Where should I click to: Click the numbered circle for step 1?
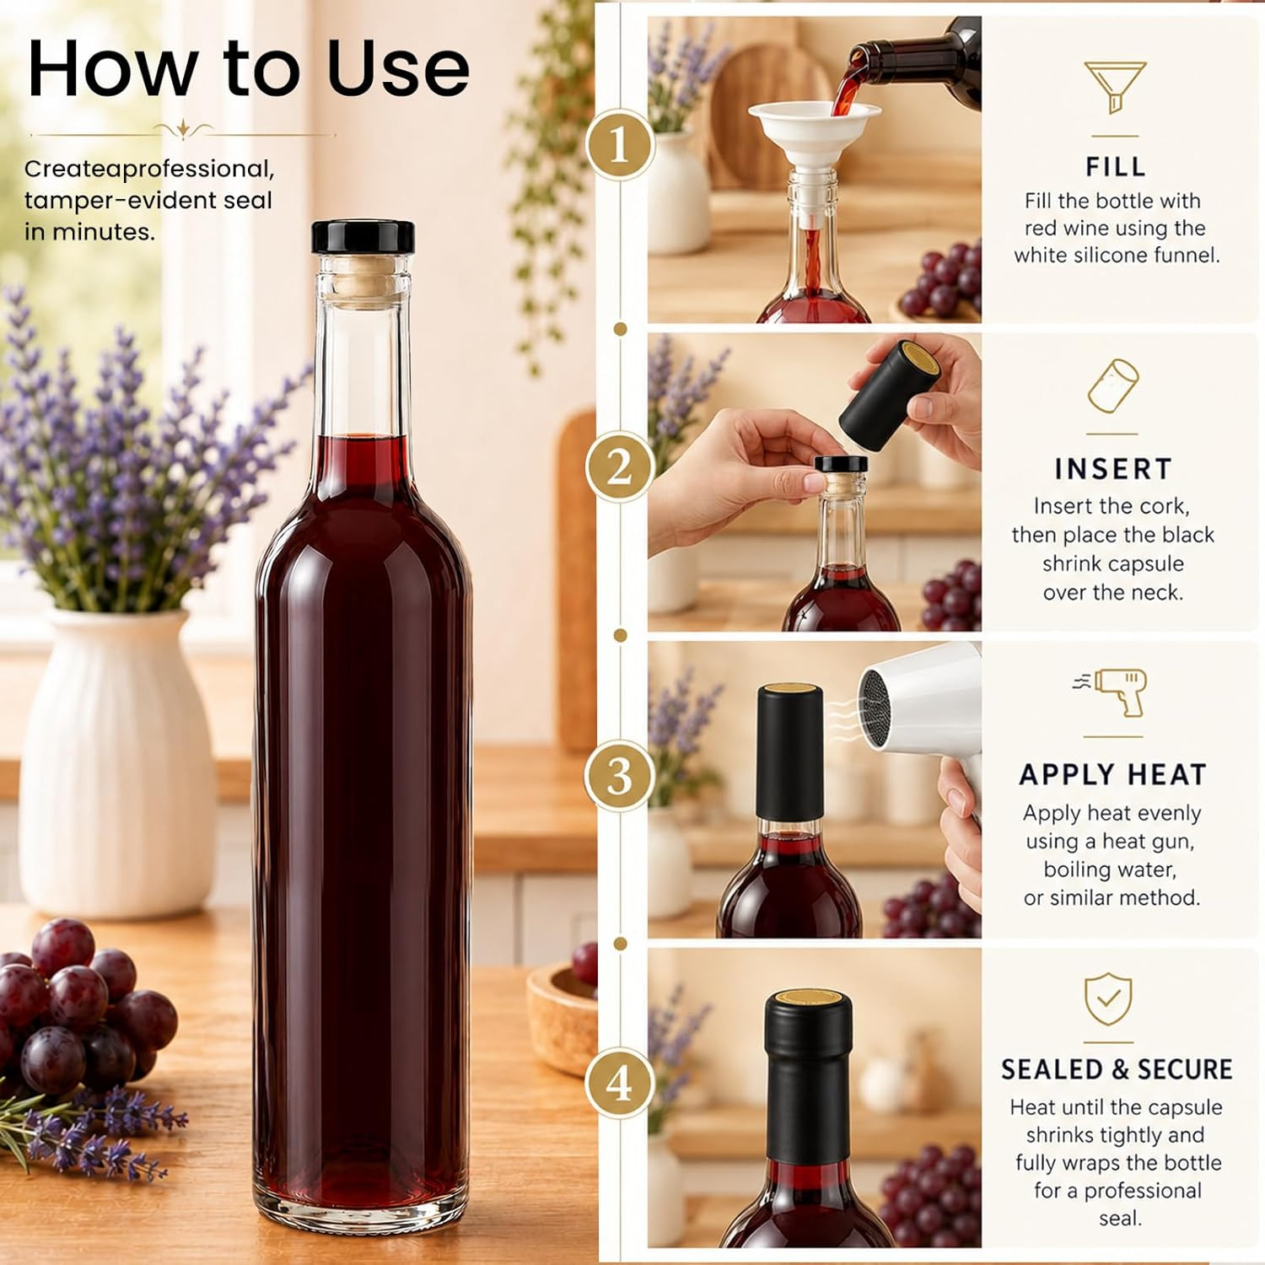coord(620,144)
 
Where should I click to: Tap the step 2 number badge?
coord(620,466)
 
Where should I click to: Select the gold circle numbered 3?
coord(620,775)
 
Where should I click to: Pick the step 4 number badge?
coord(620,1083)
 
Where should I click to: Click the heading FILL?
coord(1115,167)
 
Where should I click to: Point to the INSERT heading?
coord(1113,469)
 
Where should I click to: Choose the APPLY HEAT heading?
coord(1112,774)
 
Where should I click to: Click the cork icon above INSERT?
coord(1113,386)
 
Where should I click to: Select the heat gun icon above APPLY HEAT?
coord(1112,692)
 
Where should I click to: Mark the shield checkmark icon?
coord(1108,999)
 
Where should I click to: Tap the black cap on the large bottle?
coord(363,237)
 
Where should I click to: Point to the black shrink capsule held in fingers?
coord(890,393)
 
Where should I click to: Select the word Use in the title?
coord(398,68)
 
